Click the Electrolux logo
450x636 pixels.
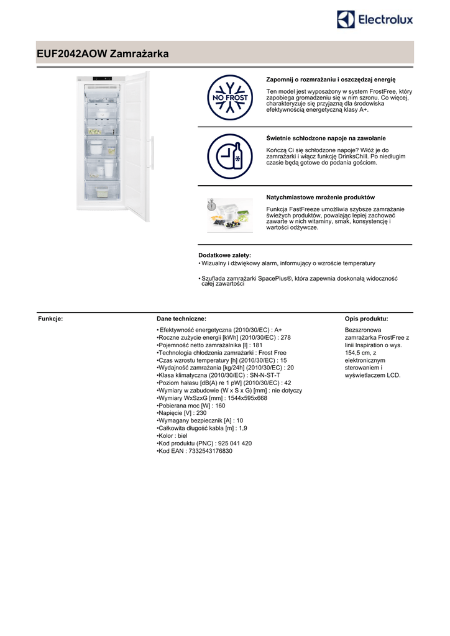(375, 20)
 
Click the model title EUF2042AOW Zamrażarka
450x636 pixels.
(103, 55)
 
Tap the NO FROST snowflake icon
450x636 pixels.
(229, 98)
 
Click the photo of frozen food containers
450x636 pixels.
(229, 215)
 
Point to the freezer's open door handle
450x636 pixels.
(150, 155)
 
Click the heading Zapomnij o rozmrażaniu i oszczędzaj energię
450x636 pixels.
(331, 79)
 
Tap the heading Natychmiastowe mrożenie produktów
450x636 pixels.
(320, 197)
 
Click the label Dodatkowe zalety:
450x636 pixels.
(224, 255)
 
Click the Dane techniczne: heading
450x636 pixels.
(181, 318)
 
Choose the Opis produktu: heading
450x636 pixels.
(366, 318)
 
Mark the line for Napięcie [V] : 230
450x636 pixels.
(181, 413)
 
